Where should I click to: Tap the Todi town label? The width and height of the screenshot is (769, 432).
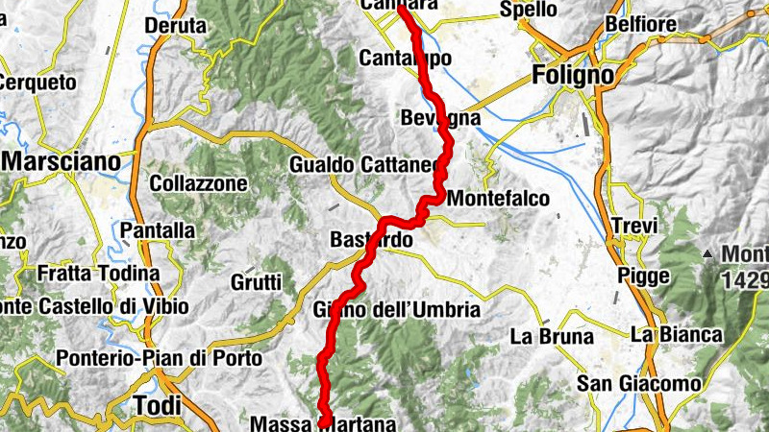[157, 405]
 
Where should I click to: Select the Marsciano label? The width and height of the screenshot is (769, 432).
[64, 160]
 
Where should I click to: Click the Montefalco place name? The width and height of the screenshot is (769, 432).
[499, 199]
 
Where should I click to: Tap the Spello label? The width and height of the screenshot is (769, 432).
[528, 10]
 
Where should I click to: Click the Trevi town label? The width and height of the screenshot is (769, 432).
[634, 227]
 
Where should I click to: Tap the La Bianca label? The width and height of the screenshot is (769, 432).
[676, 334]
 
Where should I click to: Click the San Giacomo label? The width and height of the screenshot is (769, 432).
[638, 384]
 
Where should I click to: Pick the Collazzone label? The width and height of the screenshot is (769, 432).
[199, 182]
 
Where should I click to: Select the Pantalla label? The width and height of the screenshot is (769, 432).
[158, 231]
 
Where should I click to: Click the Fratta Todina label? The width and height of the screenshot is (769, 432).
[98, 274]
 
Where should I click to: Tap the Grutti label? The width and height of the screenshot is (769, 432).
[256, 282]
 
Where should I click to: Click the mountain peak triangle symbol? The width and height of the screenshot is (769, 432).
[708, 254]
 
